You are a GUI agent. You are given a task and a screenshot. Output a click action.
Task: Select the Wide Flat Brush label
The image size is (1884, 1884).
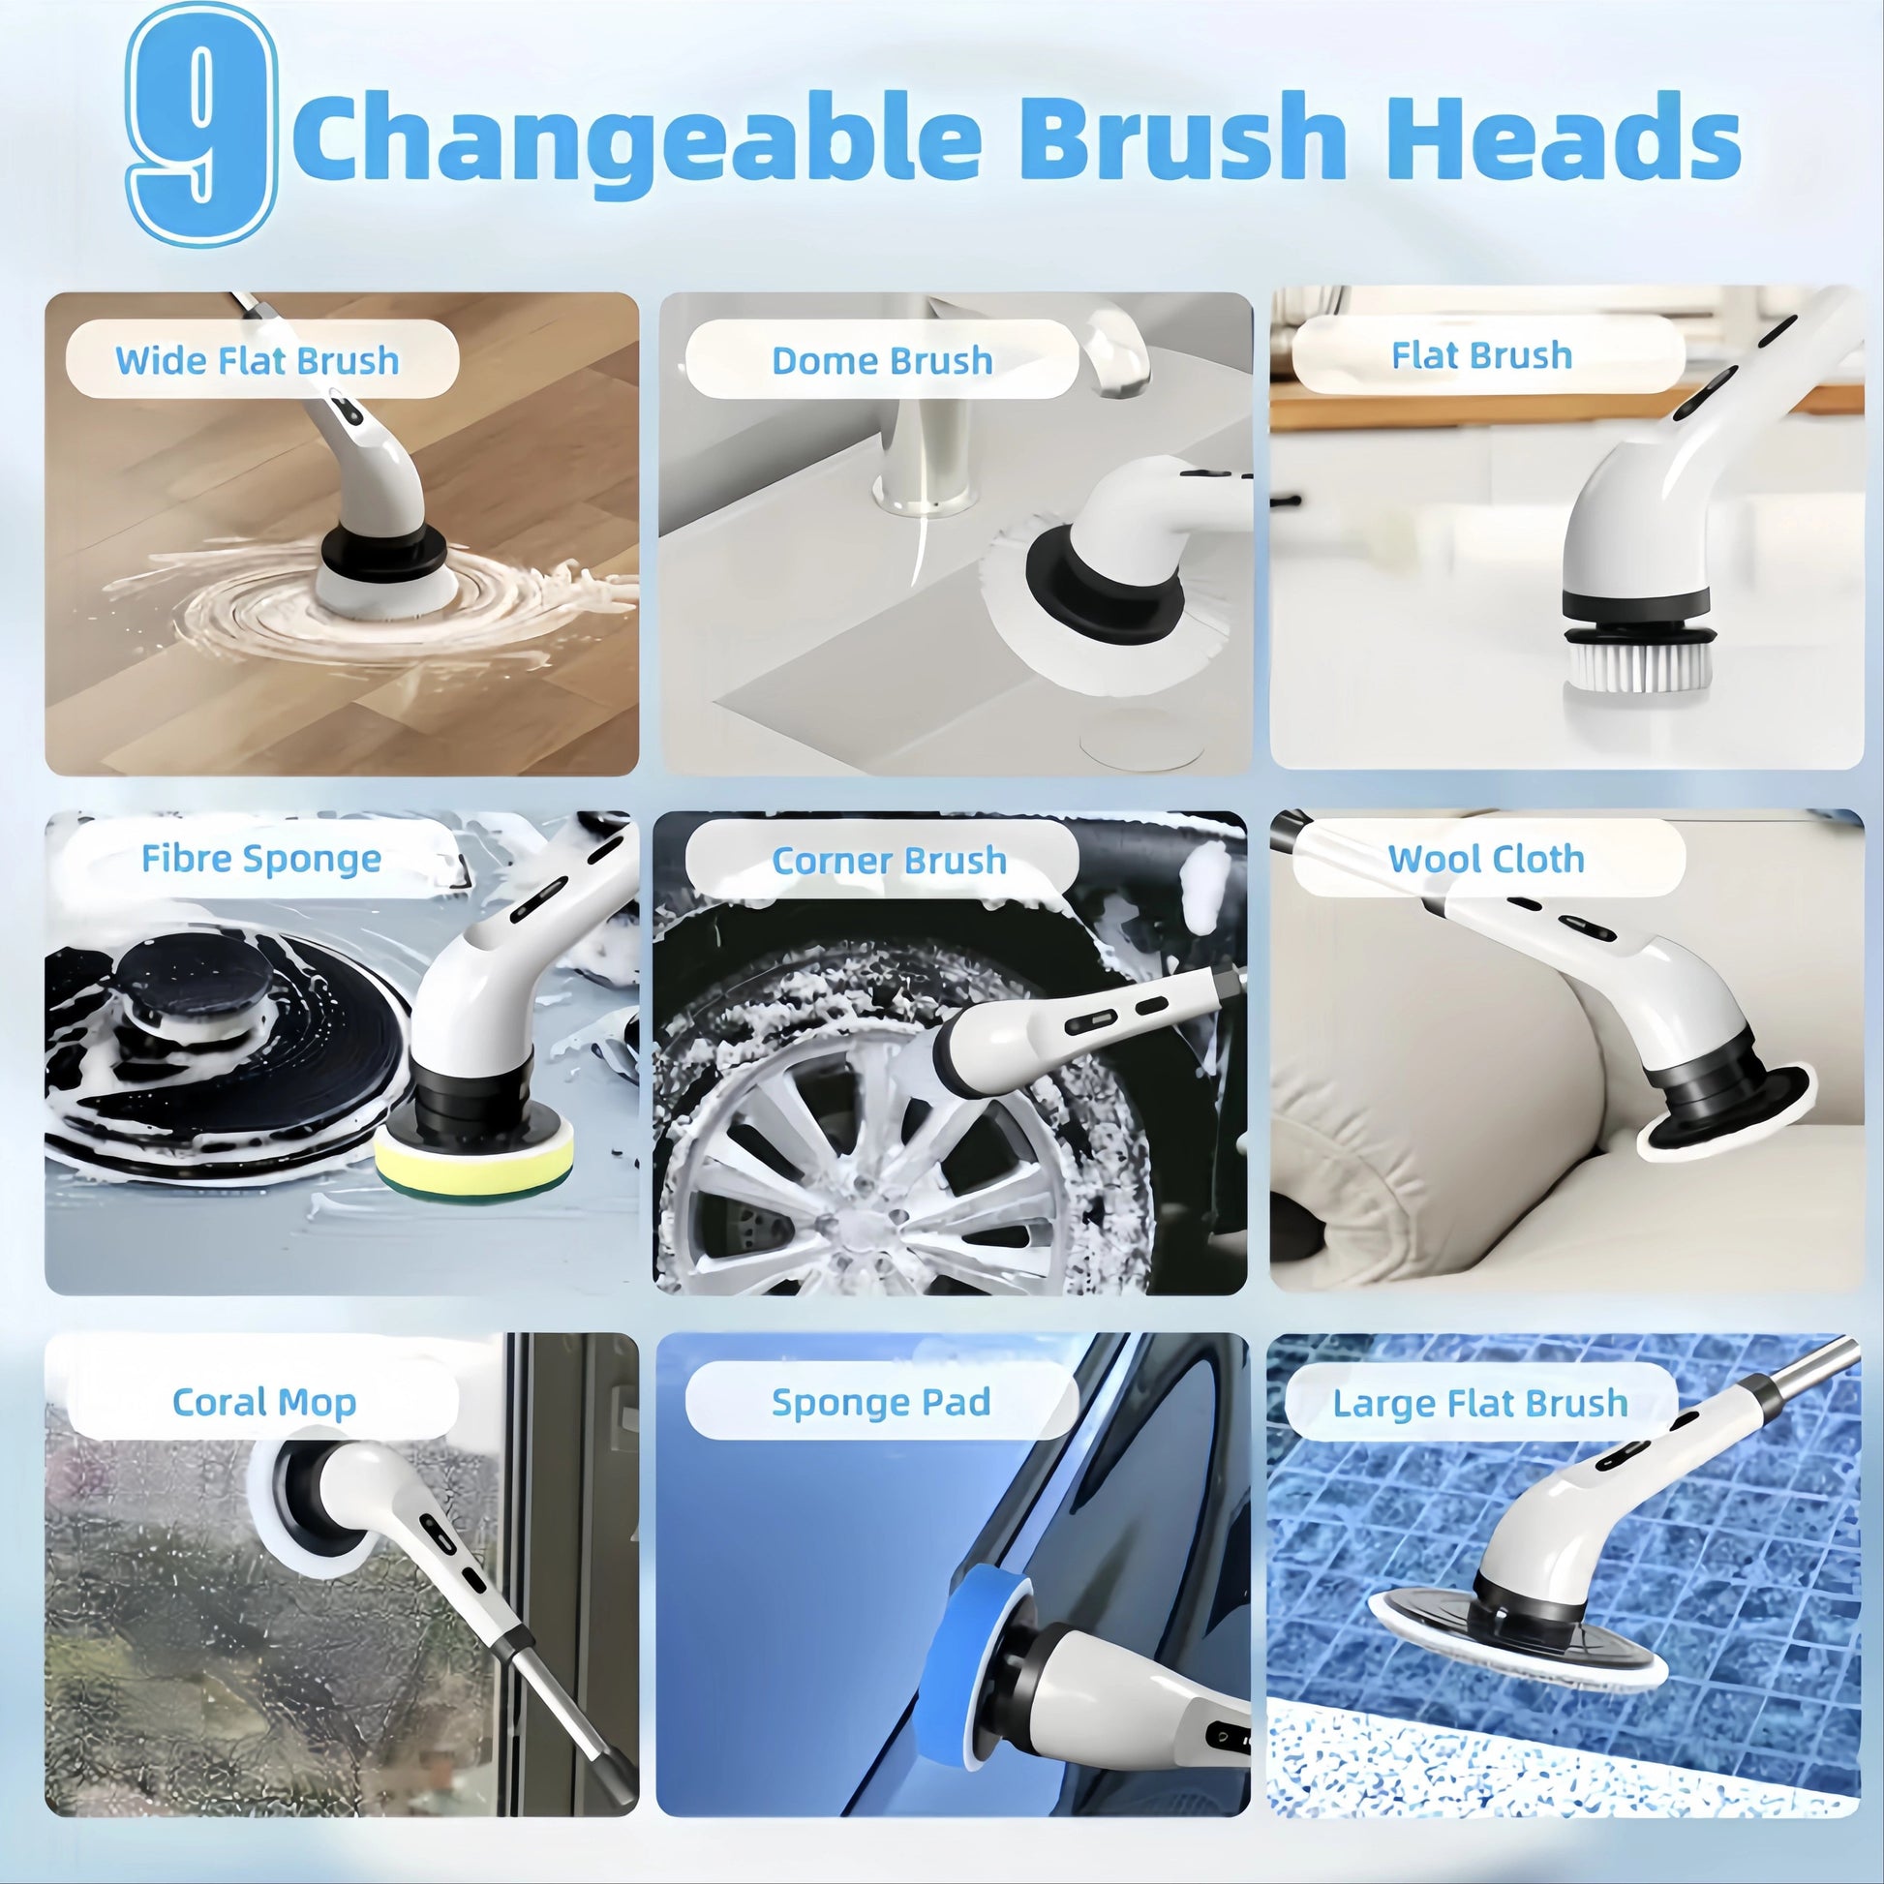(x=258, y=361)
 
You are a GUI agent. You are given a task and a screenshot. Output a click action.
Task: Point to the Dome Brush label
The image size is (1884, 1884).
(x=883, y=361)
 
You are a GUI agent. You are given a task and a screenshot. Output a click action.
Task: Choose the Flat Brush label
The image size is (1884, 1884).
(x=1481, y=356)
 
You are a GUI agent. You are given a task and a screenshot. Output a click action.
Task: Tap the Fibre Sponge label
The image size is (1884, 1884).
(x=261, y=859)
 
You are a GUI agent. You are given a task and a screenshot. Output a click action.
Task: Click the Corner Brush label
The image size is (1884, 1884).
(x=890, y=861)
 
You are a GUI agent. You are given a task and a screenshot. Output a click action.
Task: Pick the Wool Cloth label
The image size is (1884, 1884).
(x=1486, y=859)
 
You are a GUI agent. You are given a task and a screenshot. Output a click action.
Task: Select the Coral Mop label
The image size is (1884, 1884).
(x=264, y=1403)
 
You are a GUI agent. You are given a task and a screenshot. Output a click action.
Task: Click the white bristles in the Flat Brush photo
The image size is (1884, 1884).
(x=1638, y=669)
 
